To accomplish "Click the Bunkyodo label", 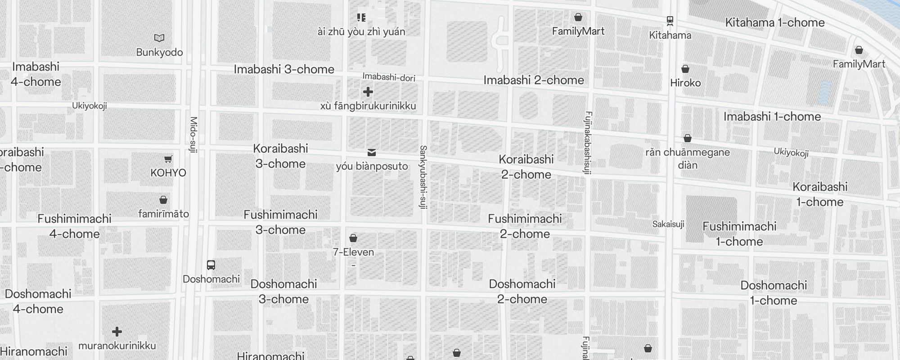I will tap(159, 52).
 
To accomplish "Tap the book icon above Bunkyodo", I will tap(159, 38).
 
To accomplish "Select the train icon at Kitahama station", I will tap(670, 21).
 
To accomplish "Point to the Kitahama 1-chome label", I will tap(775, 22).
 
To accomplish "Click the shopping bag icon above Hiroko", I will tap(685, 69).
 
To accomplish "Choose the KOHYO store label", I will tap(168, 173).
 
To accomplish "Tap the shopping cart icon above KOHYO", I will tap(168, 159).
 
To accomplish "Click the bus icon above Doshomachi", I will tap(211, 265).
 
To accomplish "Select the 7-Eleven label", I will tap(353, 252).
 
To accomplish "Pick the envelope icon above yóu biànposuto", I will tap(372, 153).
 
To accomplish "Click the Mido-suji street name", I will tap(193, 135).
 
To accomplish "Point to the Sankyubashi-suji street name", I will tap(423, 177).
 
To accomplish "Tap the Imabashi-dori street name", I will tap(389, 77).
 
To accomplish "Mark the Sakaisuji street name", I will tap(668, 224).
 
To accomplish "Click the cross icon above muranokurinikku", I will tap(117, 332).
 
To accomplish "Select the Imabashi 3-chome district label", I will tap(284, 69).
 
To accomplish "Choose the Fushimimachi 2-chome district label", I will tap(525, 226).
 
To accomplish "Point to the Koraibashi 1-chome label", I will tap(820, 194).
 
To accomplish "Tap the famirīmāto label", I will tap(163, 214).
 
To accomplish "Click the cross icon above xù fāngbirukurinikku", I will tap(368, 92).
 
